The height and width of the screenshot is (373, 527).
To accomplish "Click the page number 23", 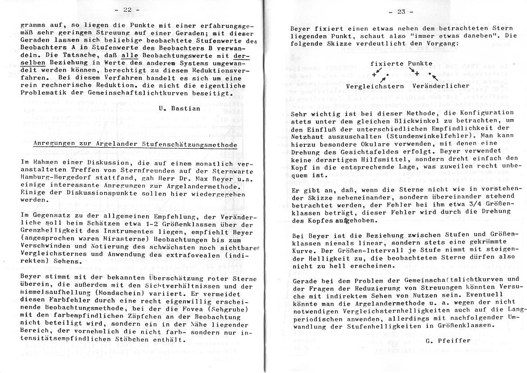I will pos(401,12).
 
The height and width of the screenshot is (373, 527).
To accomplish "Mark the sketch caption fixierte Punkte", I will pos(401,64).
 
